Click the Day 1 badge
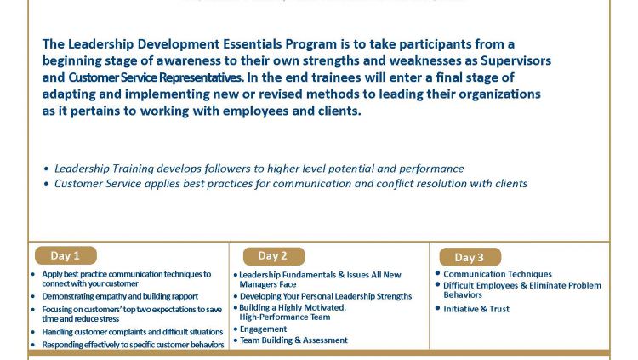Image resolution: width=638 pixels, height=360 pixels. point(66,256)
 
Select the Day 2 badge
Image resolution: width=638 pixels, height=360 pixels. point(274,256)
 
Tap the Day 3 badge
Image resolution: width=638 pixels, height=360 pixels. point(470,257)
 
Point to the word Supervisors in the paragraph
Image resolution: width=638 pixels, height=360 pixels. point(516,60)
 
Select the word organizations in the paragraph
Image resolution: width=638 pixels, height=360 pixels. point(499,94)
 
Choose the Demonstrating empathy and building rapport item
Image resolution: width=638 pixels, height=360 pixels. point(120,296)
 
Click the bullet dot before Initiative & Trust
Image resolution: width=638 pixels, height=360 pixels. point(438,308)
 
